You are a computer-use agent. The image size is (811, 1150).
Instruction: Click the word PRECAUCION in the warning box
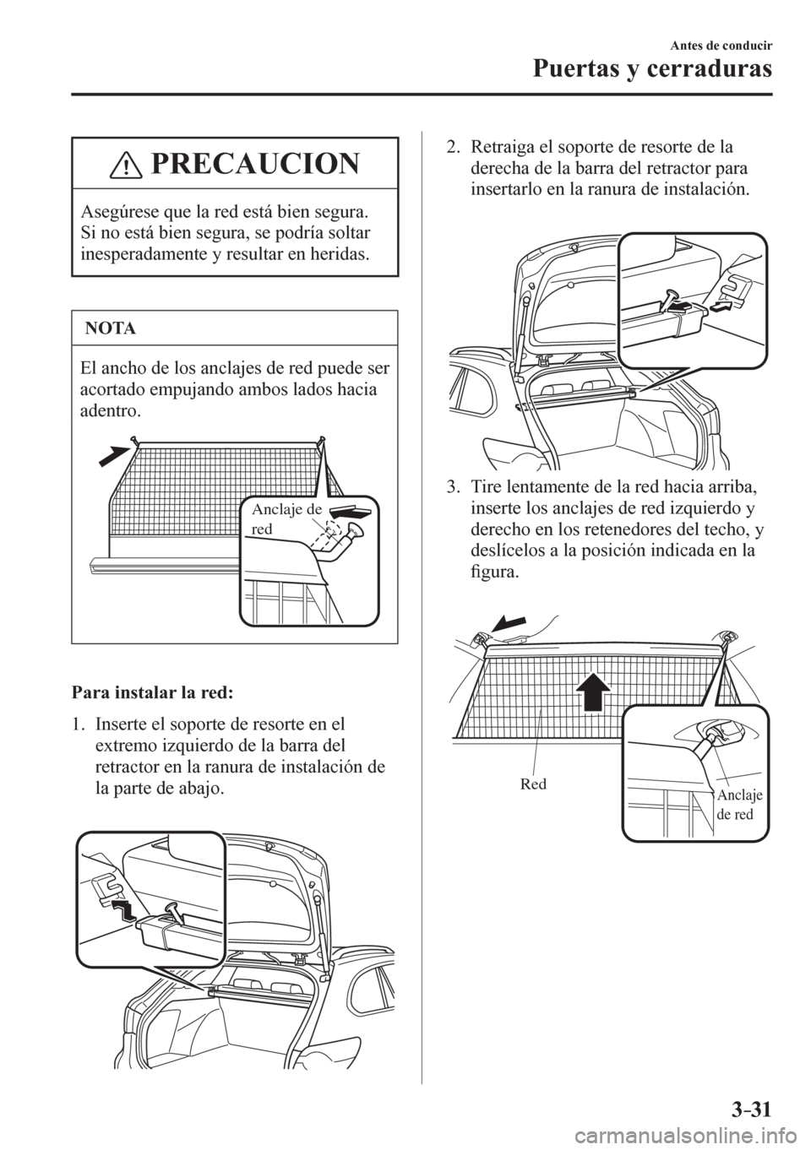pyautogui.click(x=253, y=164)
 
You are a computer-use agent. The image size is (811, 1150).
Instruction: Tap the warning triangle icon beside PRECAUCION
pyautogui.click(x=128, y=164)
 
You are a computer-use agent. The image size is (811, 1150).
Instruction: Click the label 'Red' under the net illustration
pyautogui.click(x=534, y=783)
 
